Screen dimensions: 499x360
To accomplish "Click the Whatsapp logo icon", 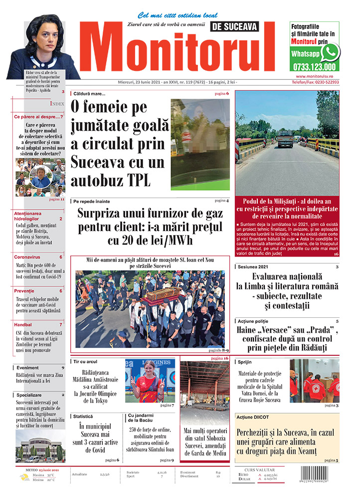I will [x=330, y=52].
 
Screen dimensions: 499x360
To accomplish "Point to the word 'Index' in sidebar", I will [x=57, y=103].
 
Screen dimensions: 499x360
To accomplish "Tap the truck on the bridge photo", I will [x=285, y=139].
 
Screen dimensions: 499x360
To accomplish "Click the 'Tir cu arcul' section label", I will [x=85, y=361].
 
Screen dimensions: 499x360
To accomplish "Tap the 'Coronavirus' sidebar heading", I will [x=27, y=257].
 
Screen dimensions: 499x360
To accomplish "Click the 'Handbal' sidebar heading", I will [x=24, y=324].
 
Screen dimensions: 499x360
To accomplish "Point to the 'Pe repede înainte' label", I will [x=91, y=201].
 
